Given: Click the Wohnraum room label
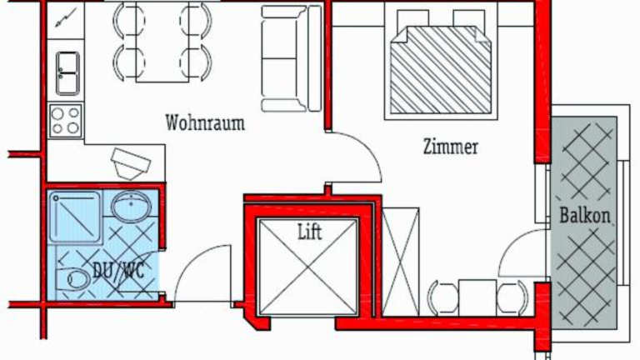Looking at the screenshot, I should (205, 123).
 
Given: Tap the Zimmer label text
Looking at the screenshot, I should (450, 147).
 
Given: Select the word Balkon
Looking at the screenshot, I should (585, 216).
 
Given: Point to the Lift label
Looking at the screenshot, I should (309, 232).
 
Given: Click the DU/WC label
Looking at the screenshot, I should (116, 270).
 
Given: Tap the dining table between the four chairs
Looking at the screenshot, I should (162, 42).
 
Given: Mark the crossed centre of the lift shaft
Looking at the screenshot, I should (309, 268).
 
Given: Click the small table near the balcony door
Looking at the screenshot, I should (477, 297).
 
